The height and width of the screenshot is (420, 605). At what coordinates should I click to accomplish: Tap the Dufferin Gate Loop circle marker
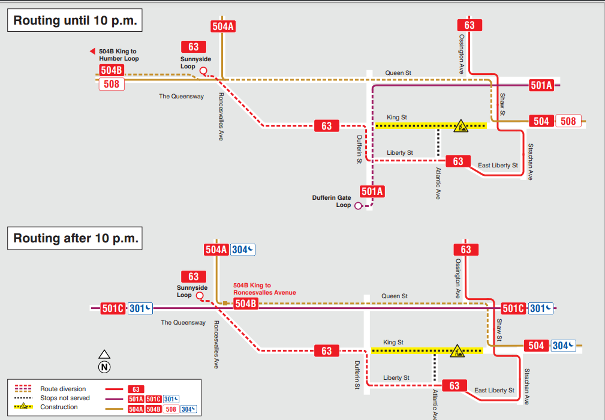point(358,206)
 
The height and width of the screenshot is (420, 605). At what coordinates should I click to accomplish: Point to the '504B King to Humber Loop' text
point(119,55)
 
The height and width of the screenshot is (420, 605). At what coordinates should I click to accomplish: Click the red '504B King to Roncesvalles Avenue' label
point(264,289)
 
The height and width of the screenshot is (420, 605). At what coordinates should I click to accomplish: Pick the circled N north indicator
point(104,367)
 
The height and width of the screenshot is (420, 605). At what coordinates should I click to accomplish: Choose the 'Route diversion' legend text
point(63,389)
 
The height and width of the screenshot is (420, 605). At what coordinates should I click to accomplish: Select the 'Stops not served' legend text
point(65,398)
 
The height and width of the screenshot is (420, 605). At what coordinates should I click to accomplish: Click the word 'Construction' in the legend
point(59,407)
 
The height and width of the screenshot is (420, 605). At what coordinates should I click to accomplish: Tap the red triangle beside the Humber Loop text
point(92,52)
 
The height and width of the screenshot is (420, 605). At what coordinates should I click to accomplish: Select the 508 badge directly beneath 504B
point(112,84)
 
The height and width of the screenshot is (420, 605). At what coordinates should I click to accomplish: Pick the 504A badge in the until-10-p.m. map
point(222,26)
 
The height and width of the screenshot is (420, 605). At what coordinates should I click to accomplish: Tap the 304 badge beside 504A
point(243,250)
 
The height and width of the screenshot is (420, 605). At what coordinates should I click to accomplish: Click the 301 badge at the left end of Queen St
point(140,308)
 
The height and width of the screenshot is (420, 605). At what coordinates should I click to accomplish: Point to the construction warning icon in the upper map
point(460,125)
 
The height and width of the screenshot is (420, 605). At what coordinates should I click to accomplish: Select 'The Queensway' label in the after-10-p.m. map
point(183,323)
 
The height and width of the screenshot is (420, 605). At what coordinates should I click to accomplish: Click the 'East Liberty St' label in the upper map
point(498,165)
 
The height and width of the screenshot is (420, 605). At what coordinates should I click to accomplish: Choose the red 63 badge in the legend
point(136,389)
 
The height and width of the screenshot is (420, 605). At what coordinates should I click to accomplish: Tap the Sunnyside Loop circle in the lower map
point(200,296)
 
